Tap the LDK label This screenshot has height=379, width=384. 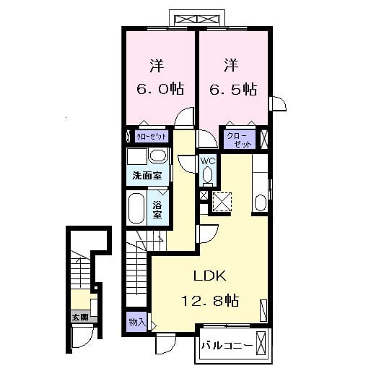209,276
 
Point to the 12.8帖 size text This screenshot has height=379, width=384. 210,299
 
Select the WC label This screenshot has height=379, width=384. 207,161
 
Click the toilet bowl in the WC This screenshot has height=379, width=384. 208,174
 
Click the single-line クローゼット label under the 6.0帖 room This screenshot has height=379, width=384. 152,136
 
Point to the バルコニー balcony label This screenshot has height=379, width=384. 226,345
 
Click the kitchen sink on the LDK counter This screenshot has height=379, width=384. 260,202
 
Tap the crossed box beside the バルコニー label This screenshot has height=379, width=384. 262,345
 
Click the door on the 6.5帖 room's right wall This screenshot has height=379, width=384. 277,105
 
